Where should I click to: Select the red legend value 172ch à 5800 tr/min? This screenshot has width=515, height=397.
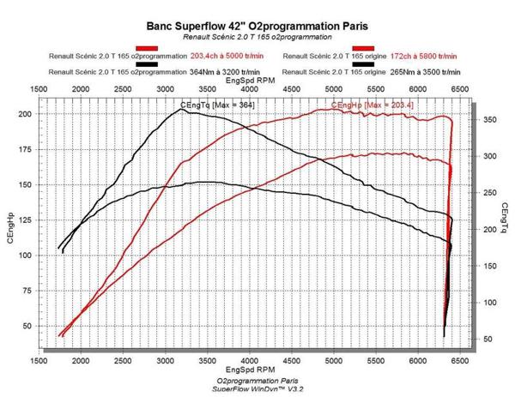pos(427,57)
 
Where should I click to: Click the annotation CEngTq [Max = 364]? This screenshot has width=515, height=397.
pos(217,105)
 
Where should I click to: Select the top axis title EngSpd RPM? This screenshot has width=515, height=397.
pos(249,80)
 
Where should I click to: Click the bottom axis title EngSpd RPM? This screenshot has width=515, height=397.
pos(249,370)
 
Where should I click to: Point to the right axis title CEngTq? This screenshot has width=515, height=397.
pos(504,220)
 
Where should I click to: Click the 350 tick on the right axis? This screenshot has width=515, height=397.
pos(488,120)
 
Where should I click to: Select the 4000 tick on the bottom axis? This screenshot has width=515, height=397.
pos(249,362)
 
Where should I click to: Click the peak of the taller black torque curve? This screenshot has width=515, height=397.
pos(183,109)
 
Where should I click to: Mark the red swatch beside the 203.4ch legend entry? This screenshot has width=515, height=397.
pos(148,48)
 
